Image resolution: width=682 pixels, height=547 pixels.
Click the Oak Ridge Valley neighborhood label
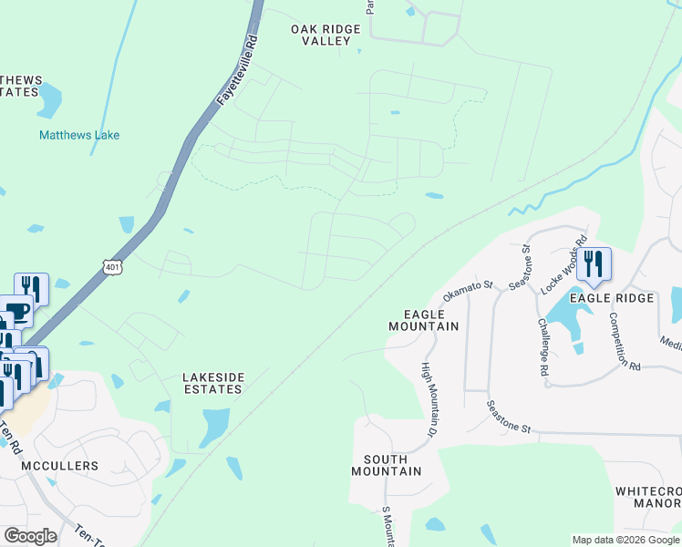[326, 35]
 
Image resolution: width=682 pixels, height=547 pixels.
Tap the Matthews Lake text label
[79, 136]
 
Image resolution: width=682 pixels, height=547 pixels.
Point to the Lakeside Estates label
[212, 382]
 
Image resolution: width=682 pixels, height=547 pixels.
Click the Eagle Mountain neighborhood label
[423, 319]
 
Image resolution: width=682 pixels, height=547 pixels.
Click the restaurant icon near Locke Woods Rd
[594, 263]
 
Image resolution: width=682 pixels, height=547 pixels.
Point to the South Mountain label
[392, 465]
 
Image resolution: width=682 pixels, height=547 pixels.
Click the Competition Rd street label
[625, 339]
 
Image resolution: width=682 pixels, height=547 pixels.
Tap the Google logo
[30, 536]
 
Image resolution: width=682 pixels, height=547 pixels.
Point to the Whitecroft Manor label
[648, 497]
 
